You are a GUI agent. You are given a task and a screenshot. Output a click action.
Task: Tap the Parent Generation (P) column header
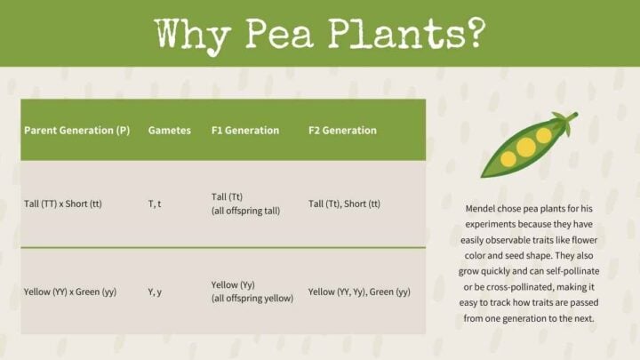[x=77, y=130]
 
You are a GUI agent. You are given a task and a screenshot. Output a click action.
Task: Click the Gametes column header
[x=169, y=130]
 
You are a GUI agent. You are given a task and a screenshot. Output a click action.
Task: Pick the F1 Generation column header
[x=244, y=130]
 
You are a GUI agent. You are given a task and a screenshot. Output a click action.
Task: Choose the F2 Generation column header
[x=342, y=130]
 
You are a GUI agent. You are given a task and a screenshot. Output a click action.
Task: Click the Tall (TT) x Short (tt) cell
[x=63, y=204]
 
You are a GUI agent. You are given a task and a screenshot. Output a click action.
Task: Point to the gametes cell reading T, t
[x=156, y=204]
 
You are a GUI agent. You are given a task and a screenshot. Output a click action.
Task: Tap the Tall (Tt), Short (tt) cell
[x=344, y=204]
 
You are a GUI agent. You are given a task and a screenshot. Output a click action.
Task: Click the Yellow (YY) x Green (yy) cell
[x=70, y=292]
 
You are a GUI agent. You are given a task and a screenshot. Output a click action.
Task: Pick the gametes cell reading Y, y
[x=156, y=292]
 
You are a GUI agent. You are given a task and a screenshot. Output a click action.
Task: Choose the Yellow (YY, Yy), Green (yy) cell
[x=359, y=292]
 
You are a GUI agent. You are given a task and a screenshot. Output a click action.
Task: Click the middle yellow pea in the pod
[x=526, y=148]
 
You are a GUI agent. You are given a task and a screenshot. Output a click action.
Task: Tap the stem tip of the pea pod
[x=573, y=116]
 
